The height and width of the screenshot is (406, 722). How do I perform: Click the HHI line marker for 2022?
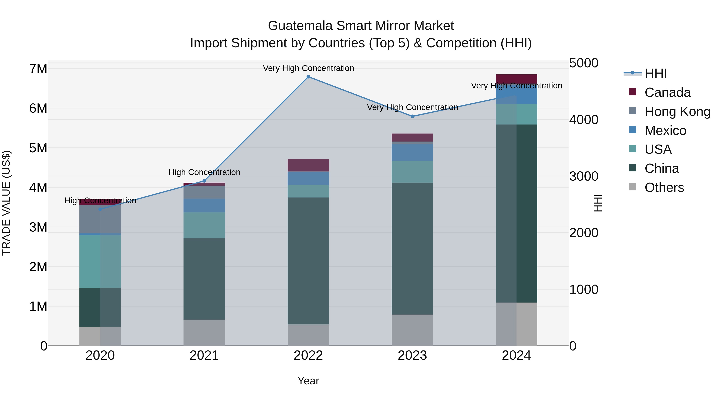[308, 77]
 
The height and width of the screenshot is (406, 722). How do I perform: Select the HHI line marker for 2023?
[412, 116]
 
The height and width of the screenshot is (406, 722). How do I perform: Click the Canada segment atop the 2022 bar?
[308, 165]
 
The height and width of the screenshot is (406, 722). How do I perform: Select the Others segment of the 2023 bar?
[412, 330]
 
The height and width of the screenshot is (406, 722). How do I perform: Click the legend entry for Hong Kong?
[677, 111]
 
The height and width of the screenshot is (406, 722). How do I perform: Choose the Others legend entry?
[664, 187]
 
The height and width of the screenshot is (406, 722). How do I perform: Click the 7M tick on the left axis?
[38, 69]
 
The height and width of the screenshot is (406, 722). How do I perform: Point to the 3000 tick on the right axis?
[584, 176]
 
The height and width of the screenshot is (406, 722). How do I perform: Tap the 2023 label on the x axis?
[412, 355]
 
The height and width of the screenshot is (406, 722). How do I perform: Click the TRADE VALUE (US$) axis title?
[6, 203]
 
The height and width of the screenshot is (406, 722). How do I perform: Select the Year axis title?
[308, 381]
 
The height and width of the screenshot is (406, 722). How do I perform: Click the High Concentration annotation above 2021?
[204, 172]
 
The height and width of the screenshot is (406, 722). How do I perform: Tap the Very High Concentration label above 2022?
[308, 68]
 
